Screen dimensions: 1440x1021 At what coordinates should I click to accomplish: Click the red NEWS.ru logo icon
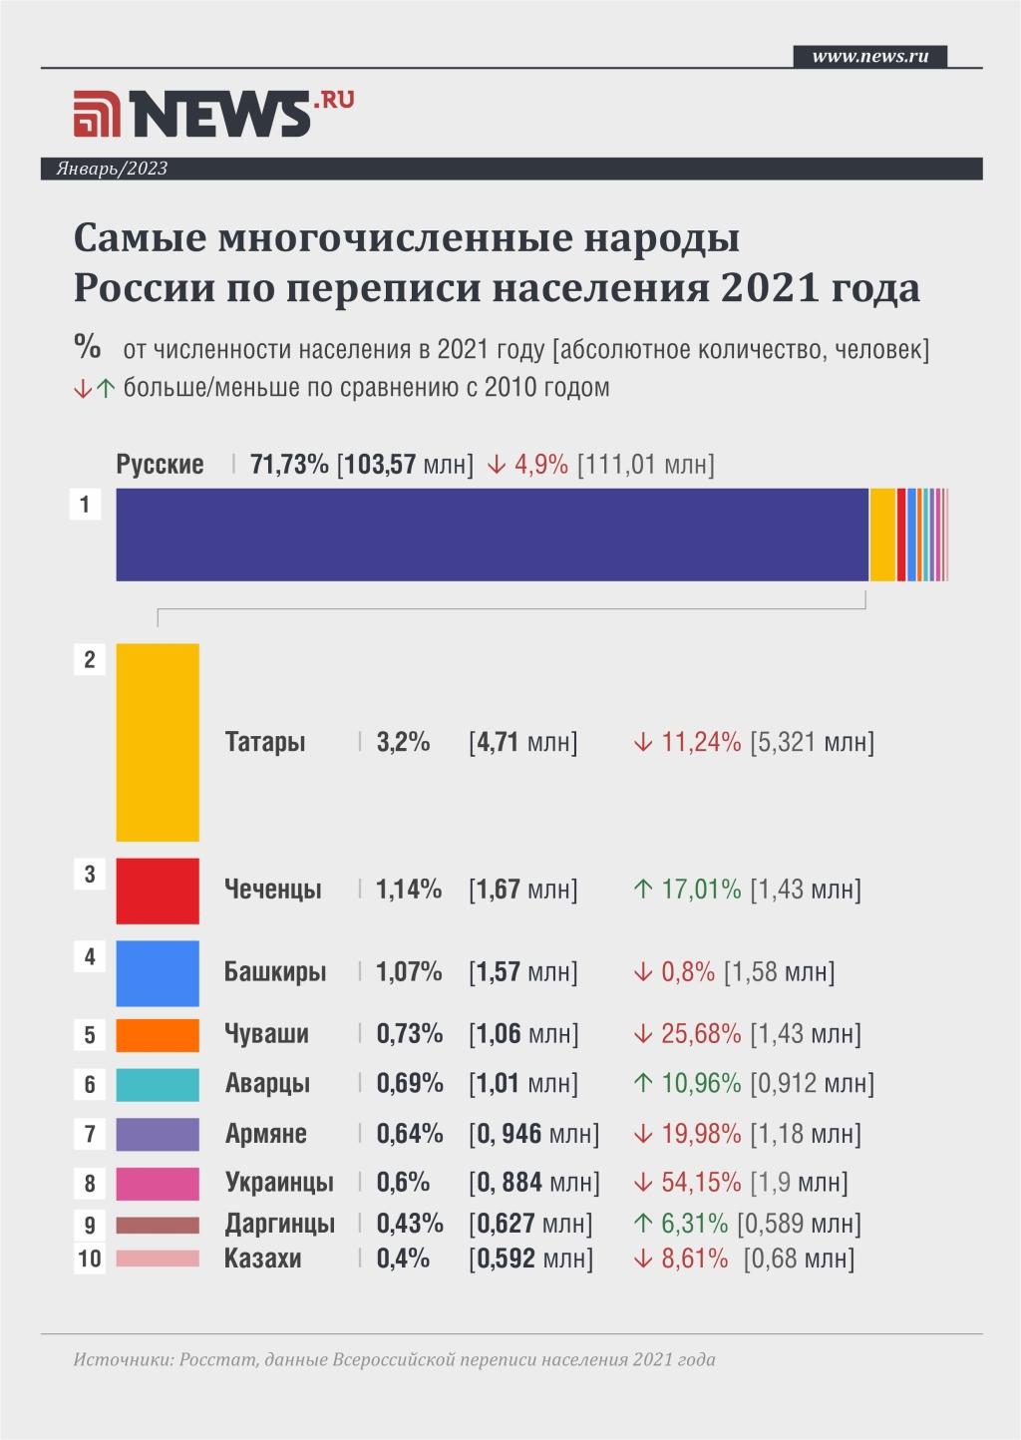click(x=97, y=115)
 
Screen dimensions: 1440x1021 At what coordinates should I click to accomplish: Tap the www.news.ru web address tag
click(x=869, y=56)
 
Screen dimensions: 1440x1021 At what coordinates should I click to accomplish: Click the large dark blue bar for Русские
click(x=492, y=535)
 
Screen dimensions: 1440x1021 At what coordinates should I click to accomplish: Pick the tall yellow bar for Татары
click(x=158, y=742)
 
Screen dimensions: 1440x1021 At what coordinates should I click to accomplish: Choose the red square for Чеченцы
click(x=158, y=890)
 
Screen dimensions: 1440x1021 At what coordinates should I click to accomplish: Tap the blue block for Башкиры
click(x=158, y=972)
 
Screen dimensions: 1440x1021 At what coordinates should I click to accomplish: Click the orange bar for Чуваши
click(x=158, y=1034)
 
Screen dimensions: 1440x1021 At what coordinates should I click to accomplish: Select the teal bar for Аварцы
click(x=158, y=1084)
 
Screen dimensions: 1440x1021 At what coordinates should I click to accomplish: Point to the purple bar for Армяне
click(x=158, y=1134)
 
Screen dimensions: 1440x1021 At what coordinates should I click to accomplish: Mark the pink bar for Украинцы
click(x=158, y=1184)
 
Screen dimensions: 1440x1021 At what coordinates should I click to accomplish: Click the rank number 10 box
click(x=90, y=1259)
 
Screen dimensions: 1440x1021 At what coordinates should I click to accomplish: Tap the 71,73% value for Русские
click(x=289, y=464)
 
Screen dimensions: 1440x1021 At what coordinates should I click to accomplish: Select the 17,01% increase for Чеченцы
click(x=701, y=890)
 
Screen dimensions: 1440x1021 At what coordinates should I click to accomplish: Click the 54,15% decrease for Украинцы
click(x=701, y=1184)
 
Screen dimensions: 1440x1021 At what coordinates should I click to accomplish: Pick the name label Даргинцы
click(x=279, y=1224)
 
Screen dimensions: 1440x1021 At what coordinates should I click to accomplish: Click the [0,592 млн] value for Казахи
click(x=530, y=1259)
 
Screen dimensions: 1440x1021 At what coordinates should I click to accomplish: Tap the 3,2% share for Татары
click(x=403, y=742)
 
